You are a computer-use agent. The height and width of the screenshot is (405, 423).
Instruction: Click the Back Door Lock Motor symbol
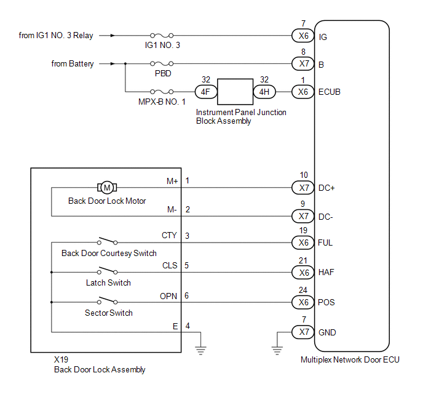[x=107, y=187]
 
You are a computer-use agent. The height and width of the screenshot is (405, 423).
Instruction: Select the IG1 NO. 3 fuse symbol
[x=162, y=35]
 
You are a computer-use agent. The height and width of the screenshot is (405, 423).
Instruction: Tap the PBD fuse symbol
[x=162, y=64]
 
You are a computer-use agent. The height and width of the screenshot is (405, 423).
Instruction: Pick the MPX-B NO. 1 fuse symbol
[x=162, y=92]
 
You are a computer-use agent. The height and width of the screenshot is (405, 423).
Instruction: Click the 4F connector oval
[x=206, y=92]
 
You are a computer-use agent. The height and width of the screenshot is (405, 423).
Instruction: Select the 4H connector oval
[x=264, y=92]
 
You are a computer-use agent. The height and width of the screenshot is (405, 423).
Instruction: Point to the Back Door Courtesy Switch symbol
[x=107, y=241]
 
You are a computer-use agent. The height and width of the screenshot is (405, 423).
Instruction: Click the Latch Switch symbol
[x=107, y=271]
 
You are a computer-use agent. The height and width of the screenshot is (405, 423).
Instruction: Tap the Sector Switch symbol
[x=107, y=300]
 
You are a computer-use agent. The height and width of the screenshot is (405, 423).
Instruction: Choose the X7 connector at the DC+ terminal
[x=303, y=188]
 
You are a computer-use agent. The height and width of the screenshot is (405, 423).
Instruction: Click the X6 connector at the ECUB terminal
[x=303, y=92]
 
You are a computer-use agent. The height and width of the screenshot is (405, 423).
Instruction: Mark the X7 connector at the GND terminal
[x=303, y=332]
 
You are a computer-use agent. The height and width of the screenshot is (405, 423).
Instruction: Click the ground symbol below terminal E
[x=200, y=350]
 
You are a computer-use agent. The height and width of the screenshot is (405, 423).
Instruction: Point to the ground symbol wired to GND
[x=277, y=350]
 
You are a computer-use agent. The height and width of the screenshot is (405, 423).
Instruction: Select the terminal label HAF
[x=326, y=272]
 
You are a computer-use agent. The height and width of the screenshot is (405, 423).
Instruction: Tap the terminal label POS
[x=326, y=302]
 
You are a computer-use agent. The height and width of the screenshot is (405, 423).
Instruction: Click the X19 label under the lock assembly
[x=61, y=359]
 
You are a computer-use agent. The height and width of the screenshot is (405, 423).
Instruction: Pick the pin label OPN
[x=168, y=296]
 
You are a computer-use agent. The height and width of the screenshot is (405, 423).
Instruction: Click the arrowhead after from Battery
[x=113, y=64]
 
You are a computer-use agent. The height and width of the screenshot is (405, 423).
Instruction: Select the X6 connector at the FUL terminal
[x=303, y=243]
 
